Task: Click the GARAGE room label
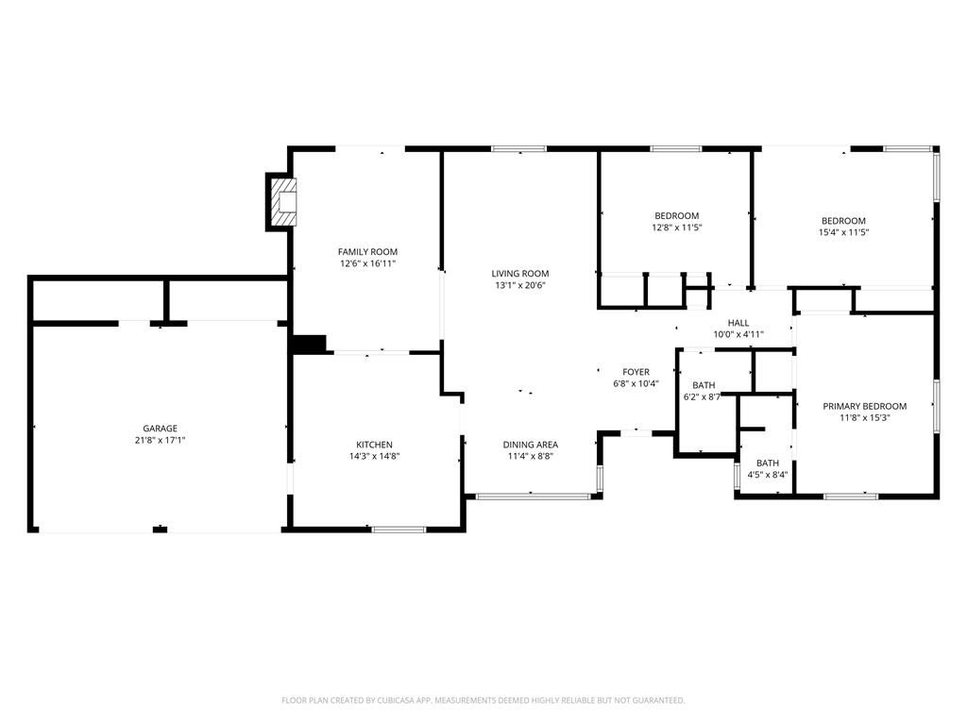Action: tap(160, 429)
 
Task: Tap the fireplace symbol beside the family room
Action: tap(284, 201)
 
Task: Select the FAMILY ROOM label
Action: tap(367, 252)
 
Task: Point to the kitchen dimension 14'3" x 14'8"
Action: tap(374, 457)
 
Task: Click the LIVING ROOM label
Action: tap(520, 274)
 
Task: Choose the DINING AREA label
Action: tap(530, 445)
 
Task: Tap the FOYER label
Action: tap(636, 372)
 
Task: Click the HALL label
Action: tap(738, 323)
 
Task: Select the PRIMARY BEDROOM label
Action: tap(864, 406)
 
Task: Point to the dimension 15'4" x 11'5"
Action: tap(843, 232)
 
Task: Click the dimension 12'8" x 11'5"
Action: tap(677, 228)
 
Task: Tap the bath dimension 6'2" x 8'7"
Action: tap(703, 397)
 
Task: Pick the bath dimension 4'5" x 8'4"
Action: tap(767, 475)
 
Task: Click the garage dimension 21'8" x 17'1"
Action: tap(160, 440)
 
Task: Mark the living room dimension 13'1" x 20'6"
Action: tap(520, 285)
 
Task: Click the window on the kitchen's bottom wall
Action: tap(399, 530)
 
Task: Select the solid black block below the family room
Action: tap(309, 345)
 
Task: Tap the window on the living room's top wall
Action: tap(518, 148)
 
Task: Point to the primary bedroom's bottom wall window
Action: tap(850, 496)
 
